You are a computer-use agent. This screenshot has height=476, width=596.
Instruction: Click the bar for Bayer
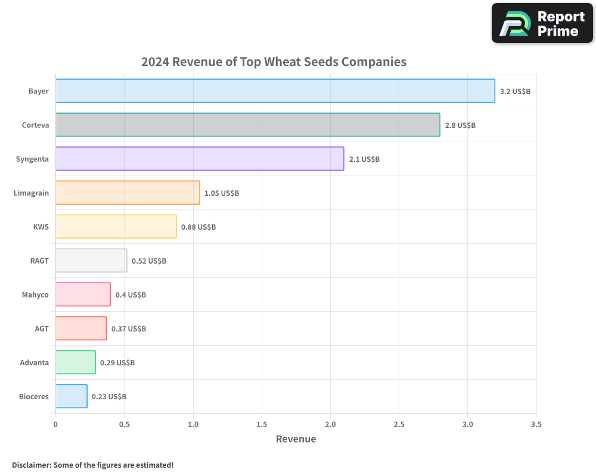point(275,91)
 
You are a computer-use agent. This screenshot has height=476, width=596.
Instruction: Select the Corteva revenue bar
point(247,125)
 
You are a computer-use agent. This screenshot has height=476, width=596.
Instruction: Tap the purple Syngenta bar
point(200,159)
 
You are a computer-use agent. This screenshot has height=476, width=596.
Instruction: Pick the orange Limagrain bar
point(128,193)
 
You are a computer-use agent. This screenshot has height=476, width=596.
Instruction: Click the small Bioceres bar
point(71,396)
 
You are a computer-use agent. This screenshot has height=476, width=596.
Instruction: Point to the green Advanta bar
point(75,362)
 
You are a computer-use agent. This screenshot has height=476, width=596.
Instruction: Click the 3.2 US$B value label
point(515,92)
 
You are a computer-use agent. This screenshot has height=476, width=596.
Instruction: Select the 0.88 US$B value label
point(198,227)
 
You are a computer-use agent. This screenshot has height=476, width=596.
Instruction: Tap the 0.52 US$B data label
point(149,261)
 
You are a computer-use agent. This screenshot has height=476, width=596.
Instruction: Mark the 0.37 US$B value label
point(129,329)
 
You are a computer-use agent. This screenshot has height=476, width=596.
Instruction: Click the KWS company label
point(41,227)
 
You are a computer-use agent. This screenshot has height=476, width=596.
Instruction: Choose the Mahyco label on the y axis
point(35,295)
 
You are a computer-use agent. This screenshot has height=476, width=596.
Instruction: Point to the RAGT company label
point(39,261)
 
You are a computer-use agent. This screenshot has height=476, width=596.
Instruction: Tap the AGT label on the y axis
point(42,328)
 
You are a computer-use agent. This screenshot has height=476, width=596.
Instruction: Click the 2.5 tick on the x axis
point(399,425)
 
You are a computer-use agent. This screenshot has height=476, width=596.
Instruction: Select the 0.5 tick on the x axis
point(124,425)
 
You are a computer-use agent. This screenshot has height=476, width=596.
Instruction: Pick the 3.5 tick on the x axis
point(536,425)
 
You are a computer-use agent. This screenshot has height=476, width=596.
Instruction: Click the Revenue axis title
point(296,439)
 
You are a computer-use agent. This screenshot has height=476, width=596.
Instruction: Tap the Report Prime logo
point(542,23)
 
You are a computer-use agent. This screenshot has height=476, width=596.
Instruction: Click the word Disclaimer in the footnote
point(30,465)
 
